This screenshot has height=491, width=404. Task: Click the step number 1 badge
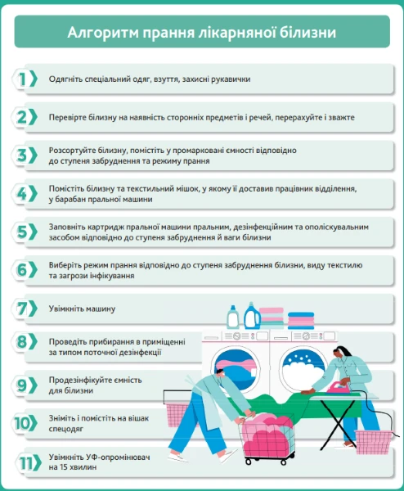[x=25, y=79]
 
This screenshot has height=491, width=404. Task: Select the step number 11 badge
[x=25, y=462]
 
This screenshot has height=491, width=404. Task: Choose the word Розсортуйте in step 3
[x=79, y=151]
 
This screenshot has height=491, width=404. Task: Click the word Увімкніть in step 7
[x=71, y=309]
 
